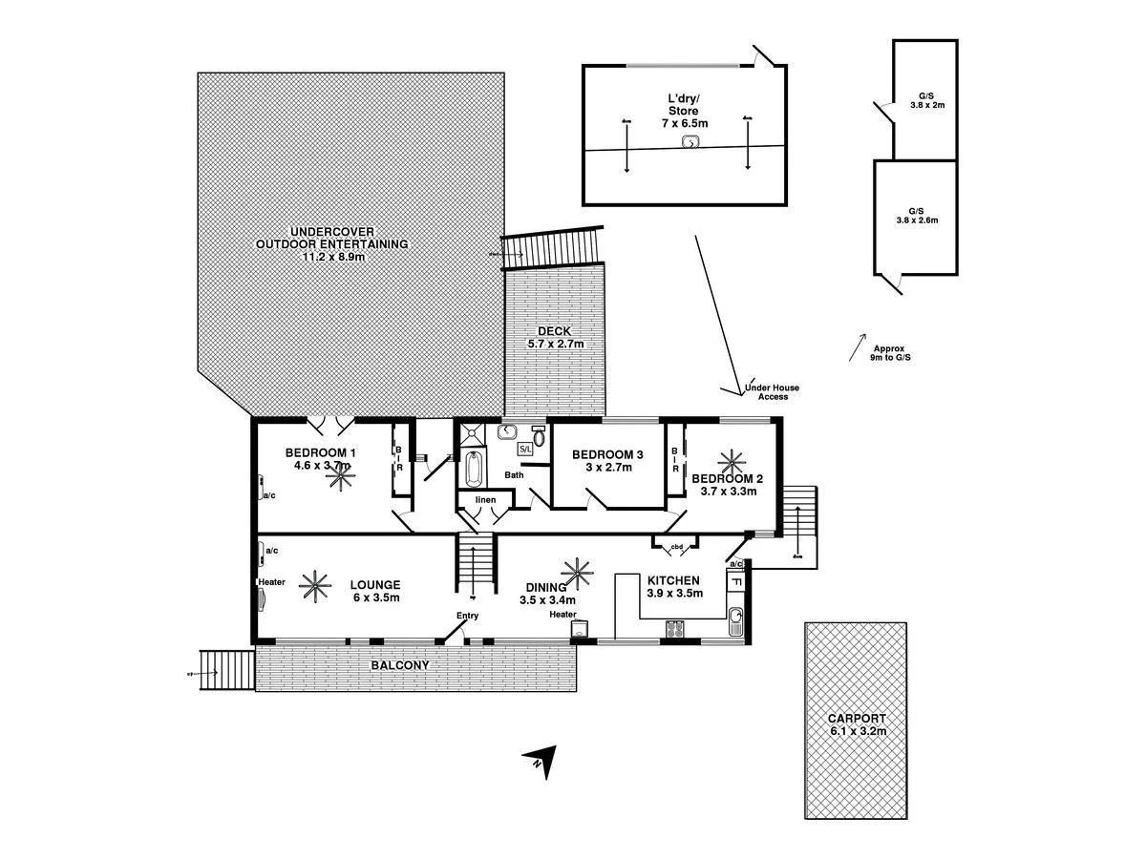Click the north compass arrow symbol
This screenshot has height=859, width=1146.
click(x=539, y=762)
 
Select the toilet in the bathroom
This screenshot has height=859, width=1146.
click(x=539, y=438)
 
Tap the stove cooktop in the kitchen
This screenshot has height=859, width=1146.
click(x=675, y=629)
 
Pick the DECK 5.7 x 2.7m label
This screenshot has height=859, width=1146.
click(x=555, y=337)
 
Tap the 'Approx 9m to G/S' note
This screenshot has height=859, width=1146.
click(x=886, y=352)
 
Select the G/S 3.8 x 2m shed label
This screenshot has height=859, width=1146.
click(x=925, y=101)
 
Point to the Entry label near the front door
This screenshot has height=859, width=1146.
click(x=467, y=616)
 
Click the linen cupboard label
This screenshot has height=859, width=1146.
click(x=485, y=499)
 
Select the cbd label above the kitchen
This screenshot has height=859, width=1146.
click(x=677, y=547)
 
